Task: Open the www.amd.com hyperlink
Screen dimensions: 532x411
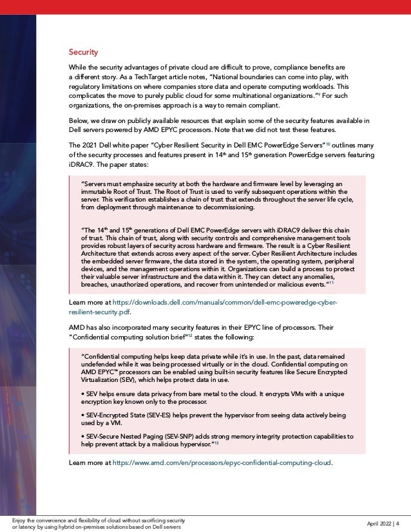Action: pos(222,462)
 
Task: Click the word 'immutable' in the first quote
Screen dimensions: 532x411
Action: pos(95,193)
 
